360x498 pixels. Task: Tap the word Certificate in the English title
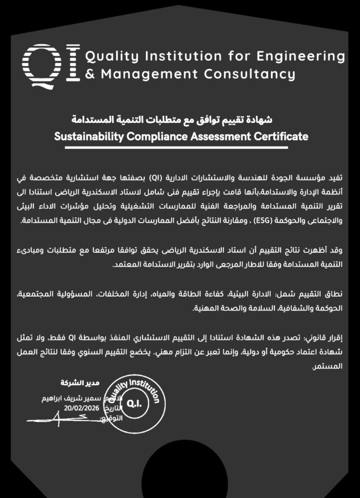point(281,136)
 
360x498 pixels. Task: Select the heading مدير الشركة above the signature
point(72,383)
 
